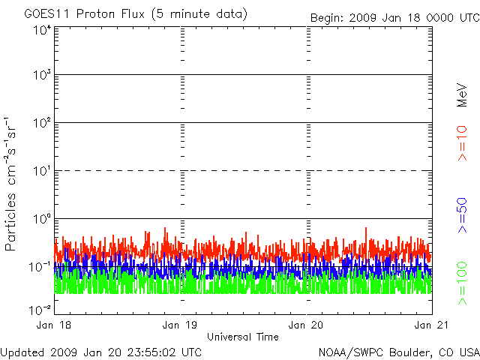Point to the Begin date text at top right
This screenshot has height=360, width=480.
pyautogui.click(x=395, y=18)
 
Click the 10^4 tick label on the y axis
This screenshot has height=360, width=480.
pyautogui.click(x=42, y=30)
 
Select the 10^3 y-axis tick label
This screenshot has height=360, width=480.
pyautogui.click(x=42, y=75)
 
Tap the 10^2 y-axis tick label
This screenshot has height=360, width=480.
pyautogui.click(x=42, y=123)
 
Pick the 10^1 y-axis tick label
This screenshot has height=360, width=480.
pyautogui.click(x=42, y=171)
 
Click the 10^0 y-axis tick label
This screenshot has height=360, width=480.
pyautogui.click(x=42, y=219)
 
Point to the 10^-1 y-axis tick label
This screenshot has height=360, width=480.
pyautogui.click(x=40, y=267)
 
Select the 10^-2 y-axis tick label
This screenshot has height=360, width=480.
pyautogui.click(x=40, y=310)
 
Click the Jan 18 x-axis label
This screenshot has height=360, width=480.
pyautogui.click(x=54, y=325)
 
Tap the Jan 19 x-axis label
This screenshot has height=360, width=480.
pyautogui.click(x=180, y=325)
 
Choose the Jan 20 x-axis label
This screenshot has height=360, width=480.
pyautogui.click(x=306, y=325)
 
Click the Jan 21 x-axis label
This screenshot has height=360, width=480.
pyautogui.click(x=432, y=325)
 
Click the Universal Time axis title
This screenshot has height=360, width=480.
pyautogui.click(x=243, y=337)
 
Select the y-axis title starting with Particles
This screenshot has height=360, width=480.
pyautogui.click(x=10, y=184)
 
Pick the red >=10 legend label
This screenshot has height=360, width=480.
pyautogui.click(x=462, y=143)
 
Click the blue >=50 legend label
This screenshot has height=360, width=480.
pyautogui.click(x=462, y=215)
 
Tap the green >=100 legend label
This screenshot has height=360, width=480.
pyautogui.click(x=462, y=283)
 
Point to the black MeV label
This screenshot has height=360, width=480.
pyautogui.click(x=462, y=95)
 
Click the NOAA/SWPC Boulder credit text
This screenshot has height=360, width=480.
pyautogui.click(x=399, y=352)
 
